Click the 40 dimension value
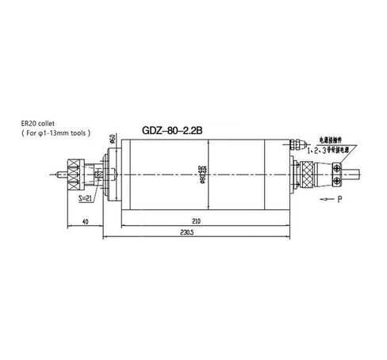[85, 222]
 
